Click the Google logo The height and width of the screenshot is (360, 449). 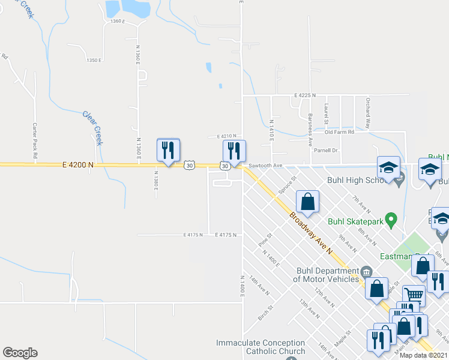(20, 353)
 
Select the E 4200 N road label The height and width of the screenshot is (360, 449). (77, 164)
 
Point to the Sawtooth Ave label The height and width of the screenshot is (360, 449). (265, 165)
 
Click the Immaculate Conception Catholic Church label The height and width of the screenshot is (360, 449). (261, 346)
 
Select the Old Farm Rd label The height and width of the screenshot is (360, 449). (340, 132)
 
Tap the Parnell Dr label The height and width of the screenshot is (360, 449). (328, 150)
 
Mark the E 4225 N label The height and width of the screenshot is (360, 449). (304, 95)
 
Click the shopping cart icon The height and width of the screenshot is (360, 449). (413, 295)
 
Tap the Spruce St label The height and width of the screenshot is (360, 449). (288, 186)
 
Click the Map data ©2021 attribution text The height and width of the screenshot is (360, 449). (423, 355)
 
